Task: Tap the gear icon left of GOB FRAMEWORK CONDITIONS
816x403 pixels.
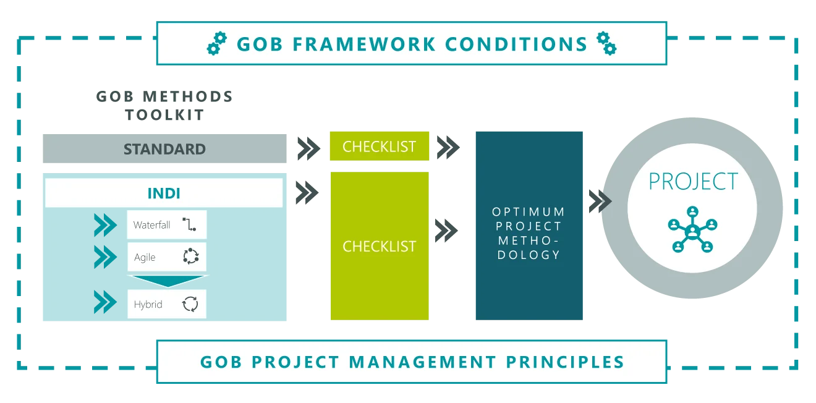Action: (217, 44)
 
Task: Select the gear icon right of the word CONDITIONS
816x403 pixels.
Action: (606, 43)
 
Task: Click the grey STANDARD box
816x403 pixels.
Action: (163, 149)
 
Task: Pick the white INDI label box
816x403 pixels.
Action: (164, 193)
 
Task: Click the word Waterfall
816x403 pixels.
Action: (151, 225)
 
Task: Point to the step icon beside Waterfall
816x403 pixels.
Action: (189, 225)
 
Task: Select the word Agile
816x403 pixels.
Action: (145, 257)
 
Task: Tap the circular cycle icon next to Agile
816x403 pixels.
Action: (190, 257)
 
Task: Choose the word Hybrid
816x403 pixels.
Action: (148, 305)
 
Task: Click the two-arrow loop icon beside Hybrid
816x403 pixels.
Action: (190, 304)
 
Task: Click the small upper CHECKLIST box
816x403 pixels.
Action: (378, 146)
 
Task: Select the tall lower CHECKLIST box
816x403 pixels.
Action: (378, 246)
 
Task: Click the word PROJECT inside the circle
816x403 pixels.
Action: (693, 182)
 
